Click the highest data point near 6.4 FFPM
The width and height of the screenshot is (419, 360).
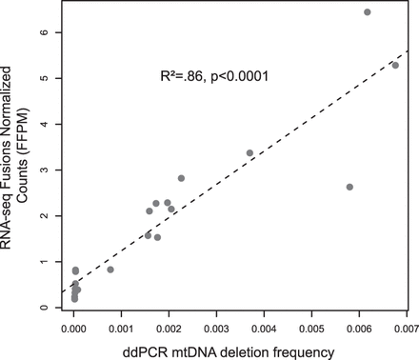coord(368,12)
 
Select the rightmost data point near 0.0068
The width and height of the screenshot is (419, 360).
coord(395,66)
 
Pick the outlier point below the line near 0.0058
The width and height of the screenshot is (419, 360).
coord(349,187)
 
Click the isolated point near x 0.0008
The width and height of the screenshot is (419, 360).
coord(110,270)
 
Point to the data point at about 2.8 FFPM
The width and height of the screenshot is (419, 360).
coord(181,178)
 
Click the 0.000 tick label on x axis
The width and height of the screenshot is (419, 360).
coord(74,329)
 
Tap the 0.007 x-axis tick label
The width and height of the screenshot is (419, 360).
coord(406,329)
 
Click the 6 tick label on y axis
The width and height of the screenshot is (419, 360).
coord(59,32)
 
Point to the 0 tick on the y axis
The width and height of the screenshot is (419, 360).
coord(59,308)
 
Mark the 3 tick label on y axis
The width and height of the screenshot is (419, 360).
coord(59,170)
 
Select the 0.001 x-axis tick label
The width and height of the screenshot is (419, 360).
coord(122,329)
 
